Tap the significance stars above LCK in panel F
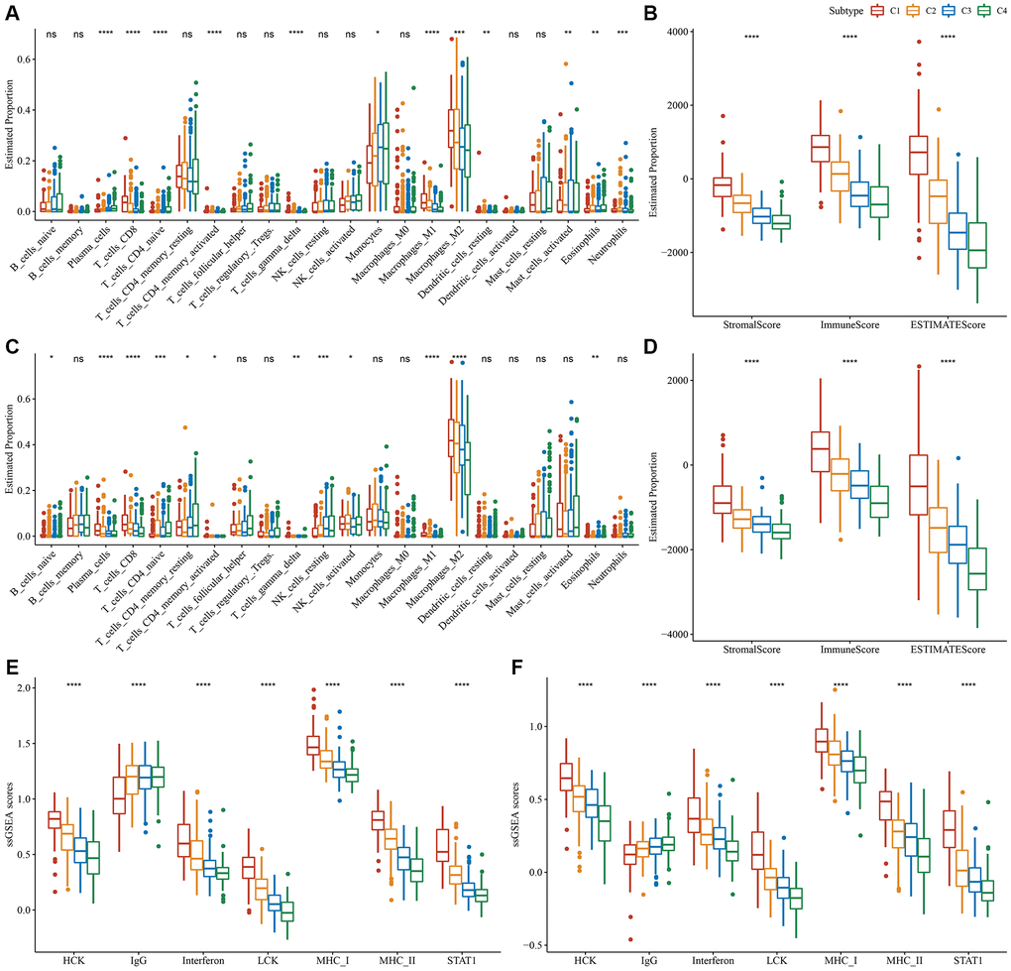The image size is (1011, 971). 777,684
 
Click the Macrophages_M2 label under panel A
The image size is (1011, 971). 441,253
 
